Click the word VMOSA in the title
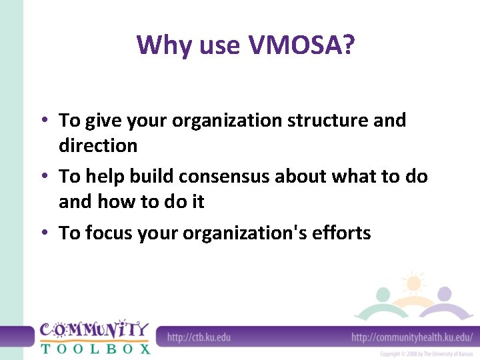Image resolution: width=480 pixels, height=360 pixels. [x=301, y=45]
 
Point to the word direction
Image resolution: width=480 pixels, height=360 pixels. [x=98, y=145]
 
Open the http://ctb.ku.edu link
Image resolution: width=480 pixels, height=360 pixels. [x=199, y=337]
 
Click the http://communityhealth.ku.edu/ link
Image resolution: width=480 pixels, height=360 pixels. [x=412, y=337]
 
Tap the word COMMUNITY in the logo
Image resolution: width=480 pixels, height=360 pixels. [x=94, y=330]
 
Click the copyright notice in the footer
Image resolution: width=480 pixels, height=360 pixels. [x=427, y=354]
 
